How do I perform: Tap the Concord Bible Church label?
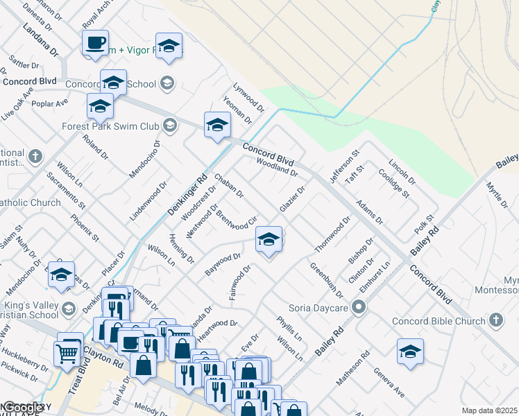pos(438,321)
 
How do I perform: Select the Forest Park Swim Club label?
pos(110,127)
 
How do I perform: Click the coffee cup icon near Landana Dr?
pos(95,42)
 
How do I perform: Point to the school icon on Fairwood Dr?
pos(269,240)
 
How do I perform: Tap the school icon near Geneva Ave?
pos(410,352)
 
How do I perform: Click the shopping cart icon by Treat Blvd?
pos(67,353)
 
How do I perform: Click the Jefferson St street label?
pos(344,167)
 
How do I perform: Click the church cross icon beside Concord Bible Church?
pos(495,320)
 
